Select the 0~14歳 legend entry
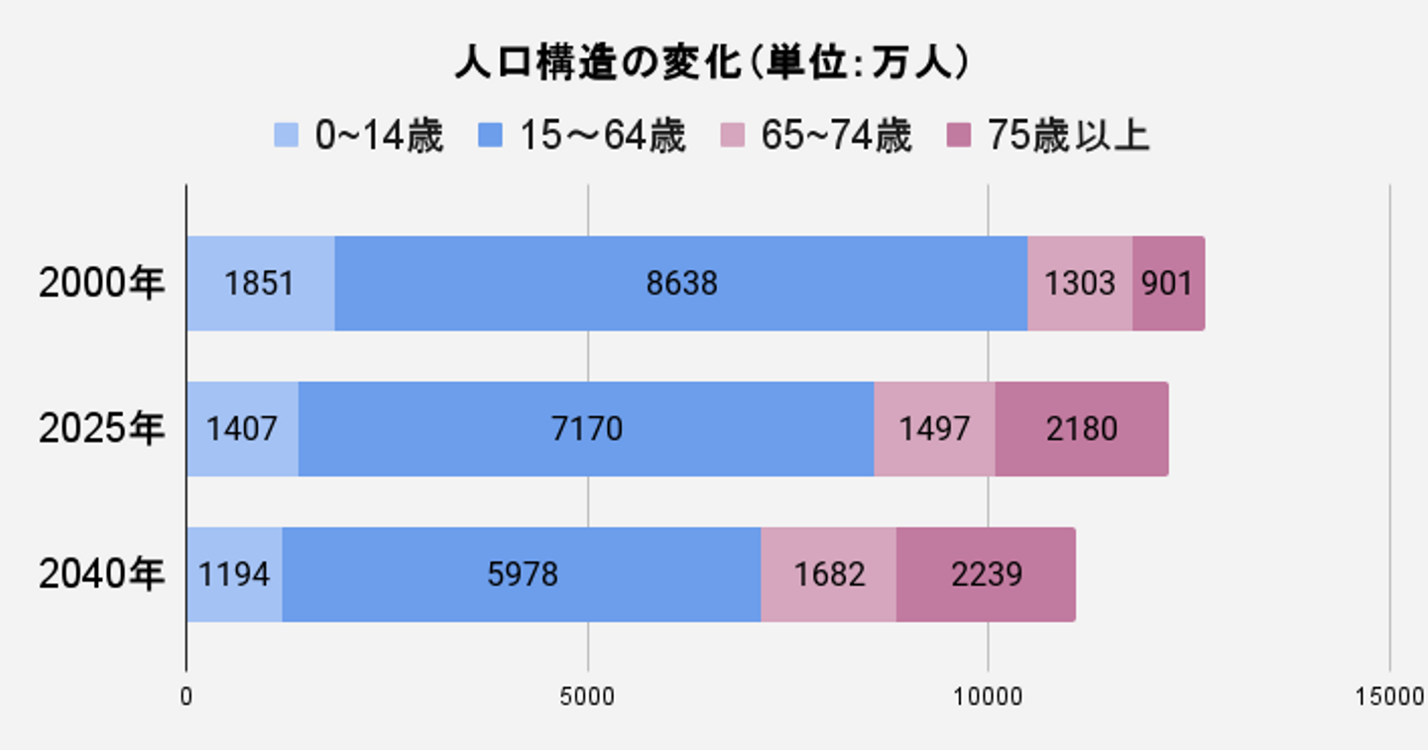[358, 136]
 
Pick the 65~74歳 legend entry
[815, 136]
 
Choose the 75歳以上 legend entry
[1049, 136]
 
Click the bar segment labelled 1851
[260, 284]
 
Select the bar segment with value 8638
[681, 284]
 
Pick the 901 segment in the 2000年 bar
[1168, 284]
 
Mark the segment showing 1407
[242, 429]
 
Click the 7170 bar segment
[586, 429]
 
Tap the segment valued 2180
[1081, 429]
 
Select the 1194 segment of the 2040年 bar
[234, 574]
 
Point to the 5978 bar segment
[522, 574]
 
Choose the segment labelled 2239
[986, 574]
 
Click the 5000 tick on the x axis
[587, 696]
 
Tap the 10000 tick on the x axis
[988, 696]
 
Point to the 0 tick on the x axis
[186, 696]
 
